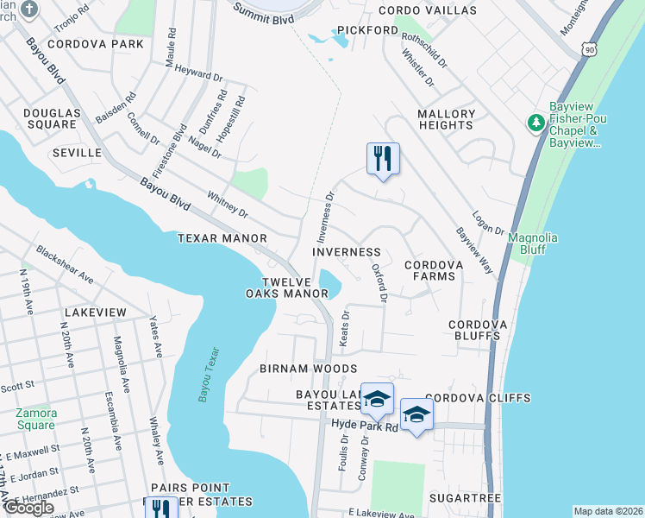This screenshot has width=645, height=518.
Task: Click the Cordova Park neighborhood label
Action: (96, 43)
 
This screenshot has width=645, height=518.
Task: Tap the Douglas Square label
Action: (51, 118)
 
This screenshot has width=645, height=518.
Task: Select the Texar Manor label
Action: (222, 237)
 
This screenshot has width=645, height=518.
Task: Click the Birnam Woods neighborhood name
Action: (308, 368)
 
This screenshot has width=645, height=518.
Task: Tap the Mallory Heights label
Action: (446, 119)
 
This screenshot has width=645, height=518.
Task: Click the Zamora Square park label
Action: (35, 419)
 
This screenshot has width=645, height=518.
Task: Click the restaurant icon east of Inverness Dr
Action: (384, 159)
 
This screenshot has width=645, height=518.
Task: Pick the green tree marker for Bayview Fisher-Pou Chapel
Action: (535, 124)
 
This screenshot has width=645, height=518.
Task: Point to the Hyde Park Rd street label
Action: (364, 426)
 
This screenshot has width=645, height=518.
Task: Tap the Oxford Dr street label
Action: (379, 282)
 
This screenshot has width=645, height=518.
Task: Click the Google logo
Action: (28, 508)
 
